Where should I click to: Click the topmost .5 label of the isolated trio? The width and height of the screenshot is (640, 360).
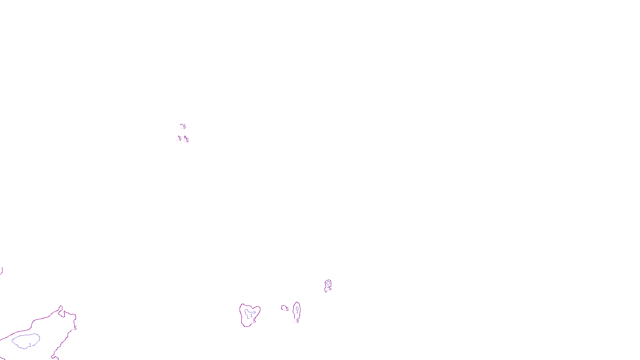pyautogui.click(x=184, y=127)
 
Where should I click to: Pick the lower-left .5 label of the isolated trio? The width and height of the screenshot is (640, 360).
pyautogui.click(x=180, y=139)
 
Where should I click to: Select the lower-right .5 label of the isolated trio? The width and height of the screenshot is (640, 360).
pyautogui.click(x=187, y=140)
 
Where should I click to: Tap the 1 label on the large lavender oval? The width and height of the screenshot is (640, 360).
pyautogui.click(x=30, y=345)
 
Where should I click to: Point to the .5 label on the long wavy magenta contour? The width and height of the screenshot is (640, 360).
pyautogui.click(x=75, y=328)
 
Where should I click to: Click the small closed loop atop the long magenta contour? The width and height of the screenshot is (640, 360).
pyautogui.click(x=61, y=312)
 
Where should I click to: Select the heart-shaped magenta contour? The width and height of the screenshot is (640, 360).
pyautogui.click(x=241, y=316)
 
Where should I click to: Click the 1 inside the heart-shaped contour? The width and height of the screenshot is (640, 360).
pyautogui.click(x=251, y=316)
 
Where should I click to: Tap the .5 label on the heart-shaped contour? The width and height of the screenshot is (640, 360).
pyautogui.click(x=254, y=321)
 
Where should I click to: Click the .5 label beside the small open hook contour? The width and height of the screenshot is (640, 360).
pyautogui.click(x=287, y=309)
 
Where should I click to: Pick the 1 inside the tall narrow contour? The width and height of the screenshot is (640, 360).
pyautogui.click(x=297, y=311)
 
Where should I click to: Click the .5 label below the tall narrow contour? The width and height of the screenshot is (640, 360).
pyautogui.click(x=297, y=321)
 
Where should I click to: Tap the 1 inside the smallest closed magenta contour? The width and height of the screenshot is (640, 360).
pyautogui.click(x=328, y=286)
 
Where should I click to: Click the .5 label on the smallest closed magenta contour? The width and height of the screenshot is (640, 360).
pyautogui.click(x=330, y=289)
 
